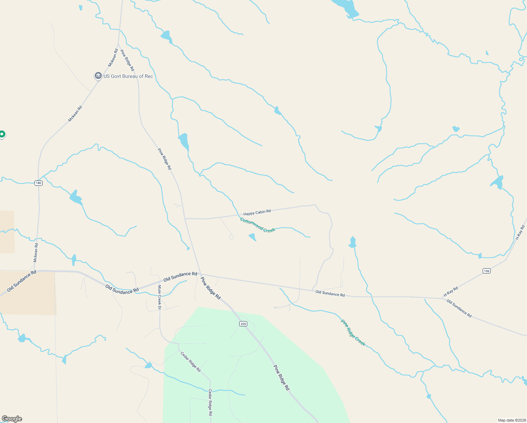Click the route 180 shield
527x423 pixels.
[38, 183]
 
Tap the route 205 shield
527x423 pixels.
[243, 324]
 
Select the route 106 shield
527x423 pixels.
[486, 271]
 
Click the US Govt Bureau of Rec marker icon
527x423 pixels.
[98, 76]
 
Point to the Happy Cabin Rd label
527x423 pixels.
[257, 213]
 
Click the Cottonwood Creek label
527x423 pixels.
[258, 225]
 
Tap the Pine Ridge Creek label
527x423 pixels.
[353, 333]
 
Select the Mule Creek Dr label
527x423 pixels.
[159, 297]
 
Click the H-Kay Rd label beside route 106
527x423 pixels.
[451, 292]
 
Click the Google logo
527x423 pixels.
[12, 419]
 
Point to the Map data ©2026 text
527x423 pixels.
[511, 420]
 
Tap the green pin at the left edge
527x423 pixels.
[2, 134]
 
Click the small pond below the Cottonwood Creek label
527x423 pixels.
[252, 237]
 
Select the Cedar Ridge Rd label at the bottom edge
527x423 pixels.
[210, 402]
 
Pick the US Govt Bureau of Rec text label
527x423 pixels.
[128, 76]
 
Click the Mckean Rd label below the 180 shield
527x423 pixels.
[36, 252]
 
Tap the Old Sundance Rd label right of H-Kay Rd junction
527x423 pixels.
[459, 308]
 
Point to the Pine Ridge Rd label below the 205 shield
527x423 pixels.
[281, 378]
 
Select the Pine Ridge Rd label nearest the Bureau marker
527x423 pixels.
[127, 60]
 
